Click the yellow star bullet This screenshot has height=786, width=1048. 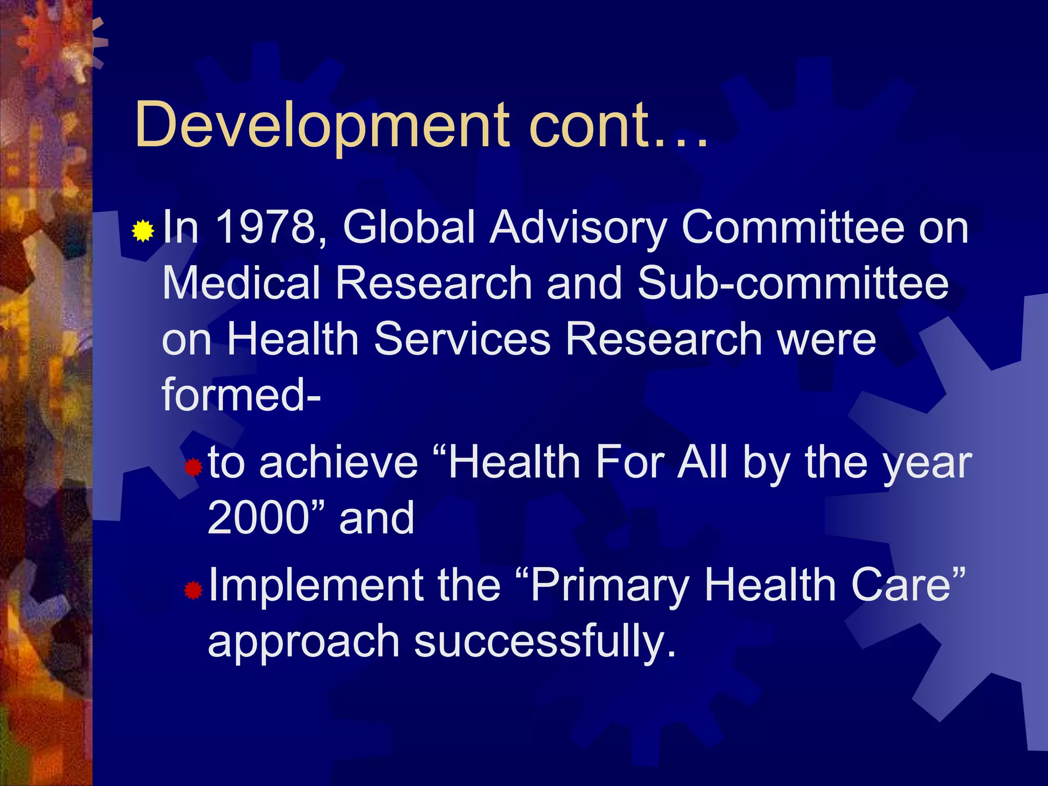click(x=143, y=231)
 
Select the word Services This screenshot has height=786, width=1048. click(x=463, y=339)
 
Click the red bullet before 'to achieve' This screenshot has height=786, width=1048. click(x=193, y=467)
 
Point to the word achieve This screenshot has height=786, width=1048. click(x=339, y=462)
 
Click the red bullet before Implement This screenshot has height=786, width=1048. click(x=193, y=591)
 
